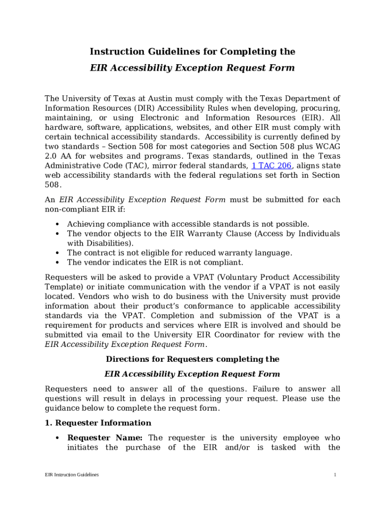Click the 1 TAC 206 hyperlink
[x=272, y=166]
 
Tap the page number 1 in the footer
[x=335, y=475]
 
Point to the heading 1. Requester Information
[x=98, y=423]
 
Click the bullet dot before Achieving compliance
[x=58, y=224]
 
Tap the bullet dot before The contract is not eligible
[x=58, y=253]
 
